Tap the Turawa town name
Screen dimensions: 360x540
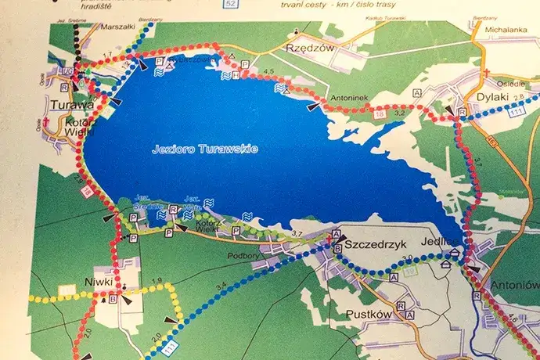point(68,104)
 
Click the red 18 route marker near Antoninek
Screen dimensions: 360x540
point(380,115)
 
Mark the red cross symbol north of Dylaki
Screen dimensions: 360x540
point(485,74)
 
